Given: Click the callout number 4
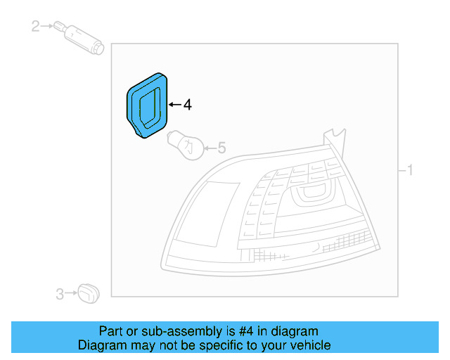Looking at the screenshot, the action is (188, 105).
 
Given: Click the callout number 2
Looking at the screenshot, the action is (35, 26).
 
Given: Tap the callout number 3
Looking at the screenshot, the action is (60, 294).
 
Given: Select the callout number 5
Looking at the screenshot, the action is (222, 148).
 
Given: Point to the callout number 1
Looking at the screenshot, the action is (410, 170).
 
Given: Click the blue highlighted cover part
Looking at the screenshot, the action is (147, 105).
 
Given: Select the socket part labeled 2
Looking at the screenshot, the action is (79, 37).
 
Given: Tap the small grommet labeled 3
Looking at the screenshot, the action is (89, 293).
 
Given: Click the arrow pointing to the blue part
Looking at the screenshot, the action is (175, 105).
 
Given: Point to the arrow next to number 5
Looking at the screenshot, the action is (210, 148).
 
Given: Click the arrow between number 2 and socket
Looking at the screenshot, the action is (47, 26).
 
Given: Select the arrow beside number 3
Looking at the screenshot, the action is (71, 293).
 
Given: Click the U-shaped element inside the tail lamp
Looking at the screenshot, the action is (312, 193).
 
